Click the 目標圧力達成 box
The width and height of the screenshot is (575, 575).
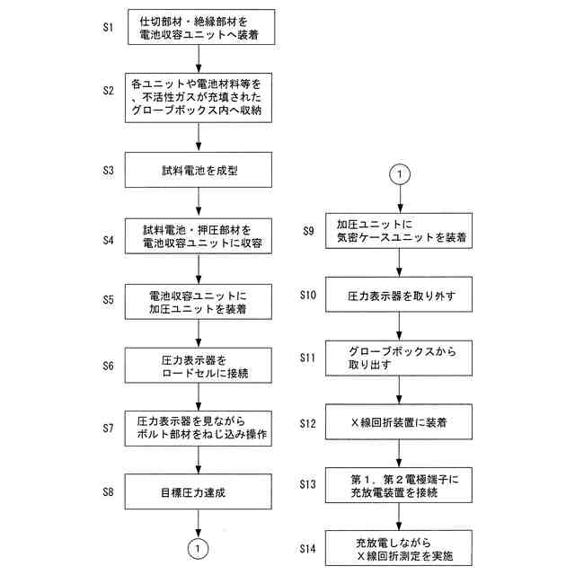(198, 491)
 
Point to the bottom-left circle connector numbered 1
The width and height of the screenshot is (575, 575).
(198, 545)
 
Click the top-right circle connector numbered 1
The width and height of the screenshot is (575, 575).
(400, 174)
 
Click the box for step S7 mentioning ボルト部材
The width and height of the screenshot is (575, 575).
(198, 427)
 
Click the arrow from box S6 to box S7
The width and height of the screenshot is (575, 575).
(198, 395)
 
